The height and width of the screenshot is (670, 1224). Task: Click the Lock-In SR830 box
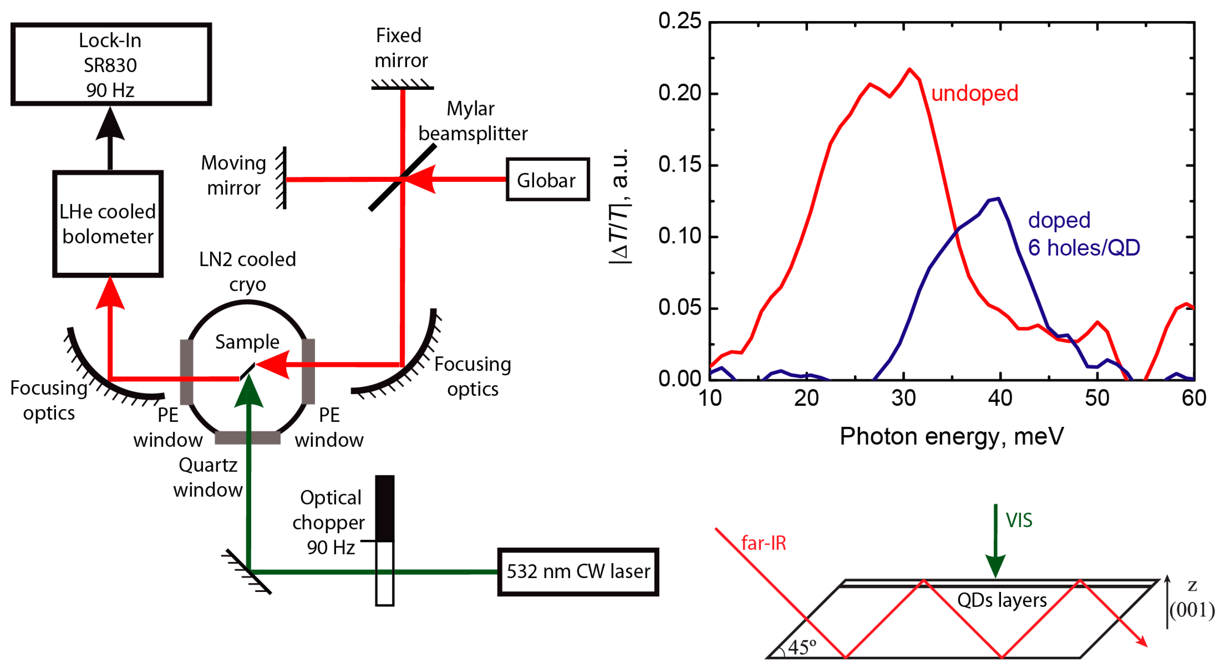[x=111, y=64]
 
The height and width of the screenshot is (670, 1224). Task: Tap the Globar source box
[x=547, y=180]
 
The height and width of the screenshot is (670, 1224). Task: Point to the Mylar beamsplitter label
[x=472, y=122]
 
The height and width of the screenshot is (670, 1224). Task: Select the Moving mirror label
[x=233, y=175]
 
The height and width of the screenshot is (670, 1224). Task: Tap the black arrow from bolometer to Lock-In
[x=110, y=138]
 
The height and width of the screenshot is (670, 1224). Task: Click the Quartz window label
[x=208, y=477]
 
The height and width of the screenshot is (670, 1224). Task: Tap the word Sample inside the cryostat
[x=247, y=342]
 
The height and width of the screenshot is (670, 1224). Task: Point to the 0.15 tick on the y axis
[x=679, y=165]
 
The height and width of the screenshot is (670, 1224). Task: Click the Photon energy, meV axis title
[x=952, y=436]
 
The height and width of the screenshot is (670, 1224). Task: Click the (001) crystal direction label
[x=1192, y=610]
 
